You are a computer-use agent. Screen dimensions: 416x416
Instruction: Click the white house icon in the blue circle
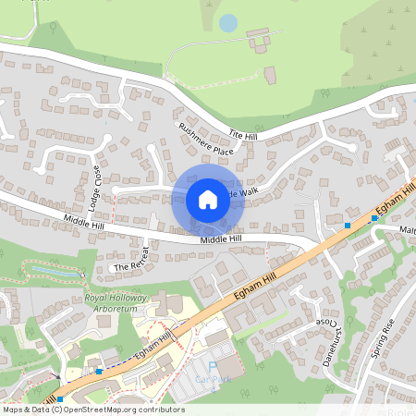coord(208,199)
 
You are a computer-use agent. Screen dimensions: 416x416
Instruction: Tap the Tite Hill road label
coord(243,135)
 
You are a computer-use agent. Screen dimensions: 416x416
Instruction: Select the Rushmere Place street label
coord(205,139)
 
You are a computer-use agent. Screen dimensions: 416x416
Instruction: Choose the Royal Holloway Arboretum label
coord(116,304)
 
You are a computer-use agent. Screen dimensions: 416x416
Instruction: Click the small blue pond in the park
coord(228,22)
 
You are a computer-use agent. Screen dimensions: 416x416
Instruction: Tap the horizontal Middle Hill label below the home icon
coord(221,239)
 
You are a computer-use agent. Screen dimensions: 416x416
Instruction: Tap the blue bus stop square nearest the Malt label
coord(374,218)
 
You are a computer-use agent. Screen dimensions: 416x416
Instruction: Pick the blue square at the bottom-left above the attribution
coord(60,399)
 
